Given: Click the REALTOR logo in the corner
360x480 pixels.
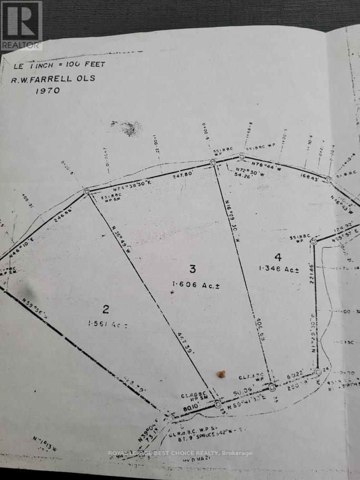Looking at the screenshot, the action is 21,25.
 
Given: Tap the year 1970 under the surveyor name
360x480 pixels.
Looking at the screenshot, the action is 48,90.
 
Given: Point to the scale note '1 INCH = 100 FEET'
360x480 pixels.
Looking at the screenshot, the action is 59,64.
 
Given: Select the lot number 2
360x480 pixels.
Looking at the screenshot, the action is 106,310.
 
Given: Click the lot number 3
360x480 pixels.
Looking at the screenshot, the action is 192,269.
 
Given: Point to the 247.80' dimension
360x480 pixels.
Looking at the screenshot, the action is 172,175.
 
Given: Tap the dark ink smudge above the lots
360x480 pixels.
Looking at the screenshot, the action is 129,128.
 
